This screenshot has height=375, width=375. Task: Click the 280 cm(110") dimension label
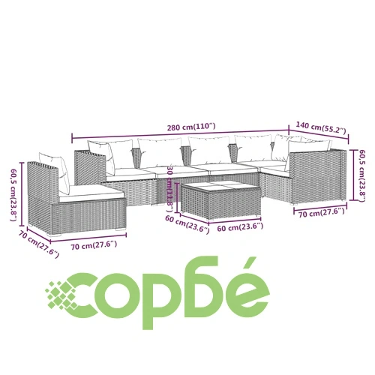(x=191, y=127)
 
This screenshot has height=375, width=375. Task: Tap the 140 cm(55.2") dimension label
(x=321, y=127)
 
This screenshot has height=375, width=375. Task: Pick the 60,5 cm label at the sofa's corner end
(x=361, y=175)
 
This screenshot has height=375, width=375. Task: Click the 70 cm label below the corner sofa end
(x=322, y=213)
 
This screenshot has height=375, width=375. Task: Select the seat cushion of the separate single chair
(x=91, y=193)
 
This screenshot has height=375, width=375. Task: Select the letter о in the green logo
(x=118, y=295)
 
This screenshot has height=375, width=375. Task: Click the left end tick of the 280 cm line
(x=72, y=138)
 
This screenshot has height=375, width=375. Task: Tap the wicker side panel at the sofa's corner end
(x=317, y=176)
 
